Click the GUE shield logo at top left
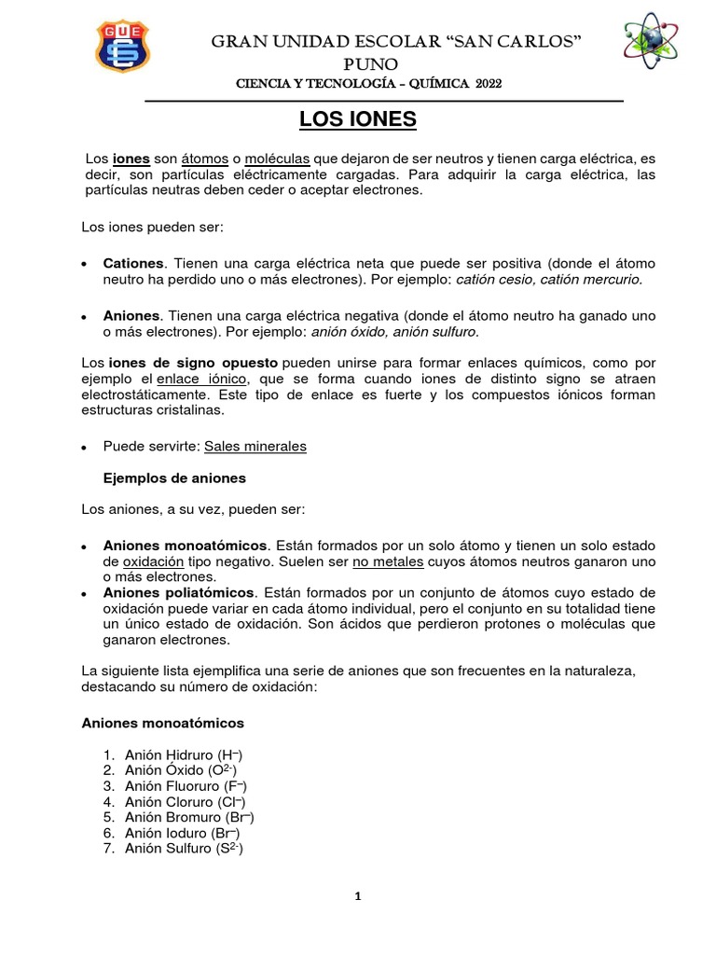(x=121, y=46)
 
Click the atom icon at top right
(x=643, y=46)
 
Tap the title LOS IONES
(x=357, y=120)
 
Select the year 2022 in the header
(x=489, y=84)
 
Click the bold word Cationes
(x=133, y=264)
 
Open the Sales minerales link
(x=255, y=447)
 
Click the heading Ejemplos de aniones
(x=174, y=477)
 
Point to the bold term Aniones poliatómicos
(x=178, y=592)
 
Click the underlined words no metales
(x=387, y=562)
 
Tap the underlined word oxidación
(x=154, y=562)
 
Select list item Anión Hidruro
(x=184, y=754)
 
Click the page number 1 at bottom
(x=357, y=897)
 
